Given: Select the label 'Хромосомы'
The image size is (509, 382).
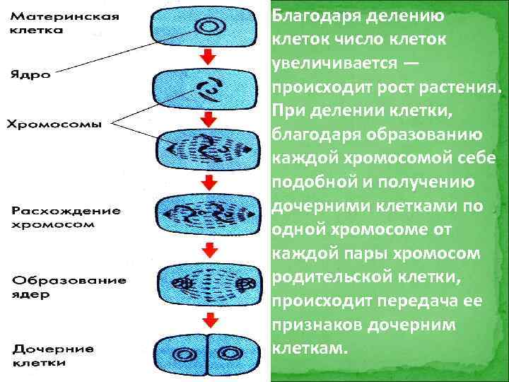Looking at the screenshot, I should [x=54, y=125].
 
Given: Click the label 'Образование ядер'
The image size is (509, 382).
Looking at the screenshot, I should [x=68, y=286].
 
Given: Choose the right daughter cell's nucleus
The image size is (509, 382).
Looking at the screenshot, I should [x=229, y=352].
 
